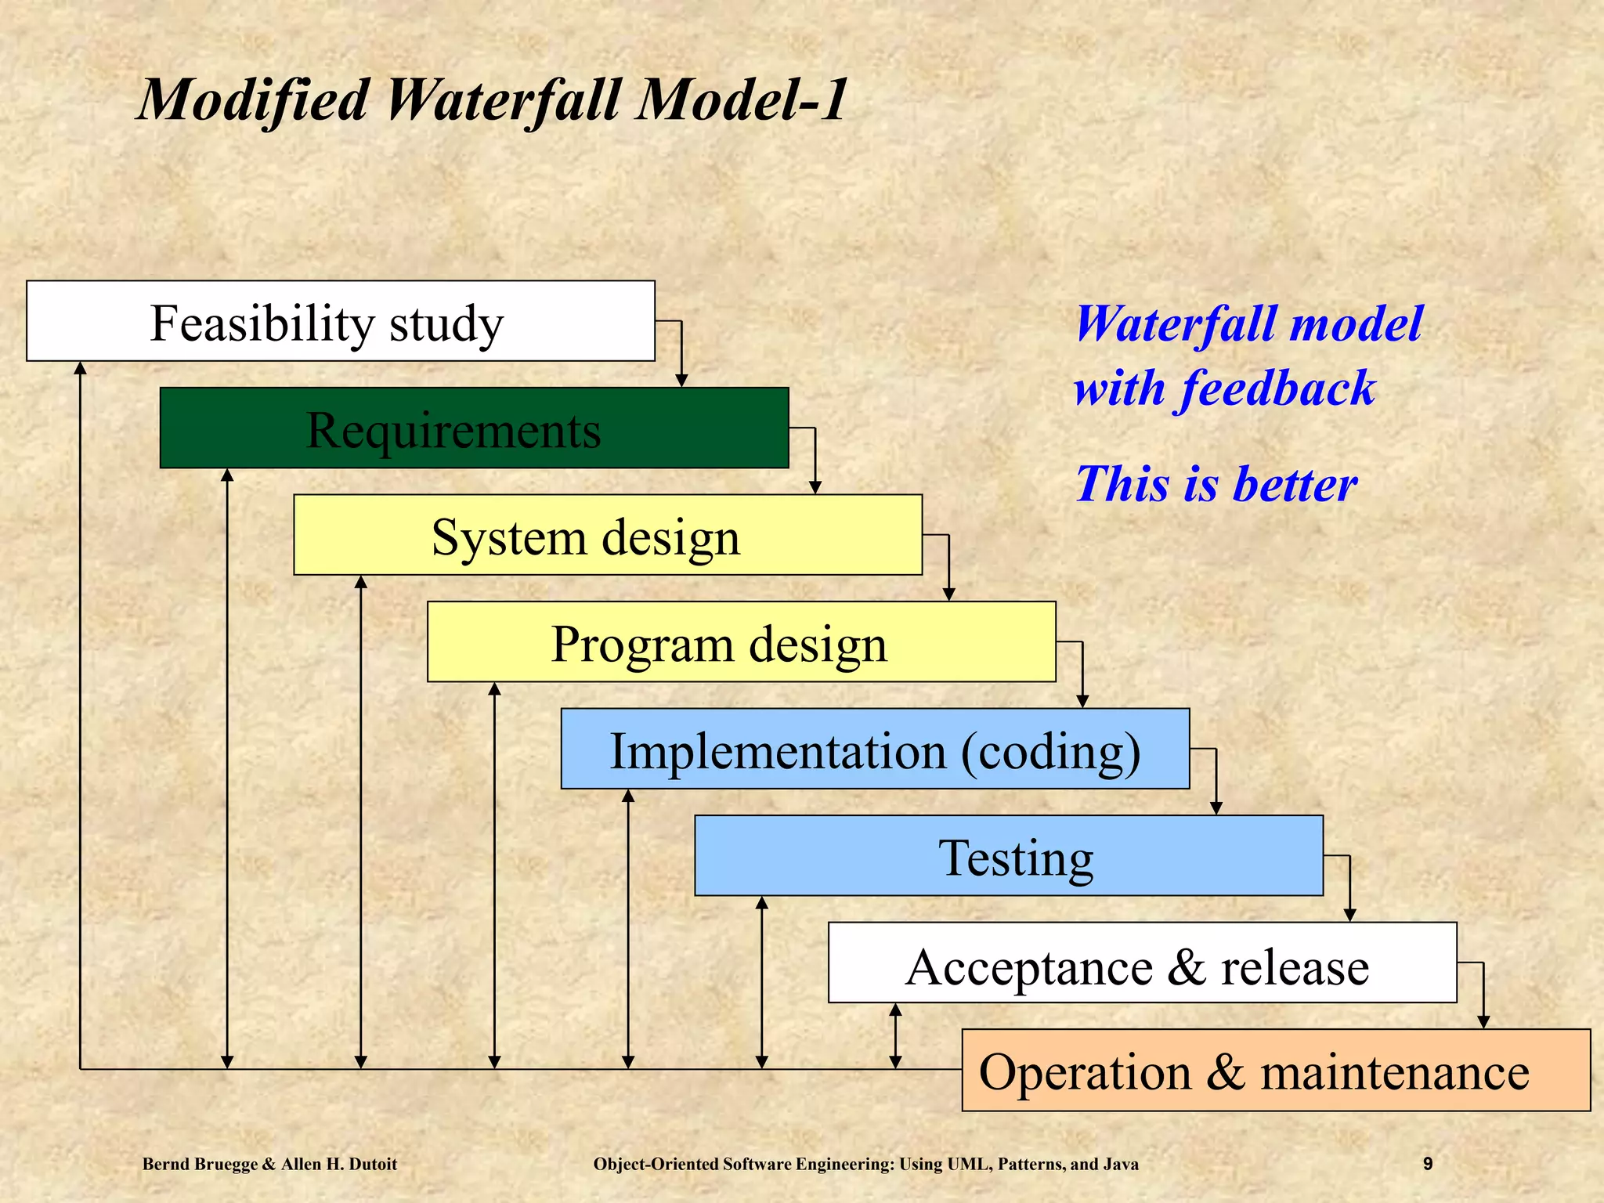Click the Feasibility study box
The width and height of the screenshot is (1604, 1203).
click(x=341, y=321)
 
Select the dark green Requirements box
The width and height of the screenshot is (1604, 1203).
click(x=474, y=428)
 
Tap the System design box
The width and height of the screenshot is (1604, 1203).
click(x=608, y=535)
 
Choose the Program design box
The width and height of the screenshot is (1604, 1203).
click(x=741, y=642)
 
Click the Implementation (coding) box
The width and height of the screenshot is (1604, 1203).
click(x=875, y=749)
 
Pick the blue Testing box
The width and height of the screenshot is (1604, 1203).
click(x=1009, y=856)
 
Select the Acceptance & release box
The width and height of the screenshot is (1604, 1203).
click(x=1142, y=963)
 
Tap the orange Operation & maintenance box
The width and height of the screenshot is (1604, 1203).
click(x=1276, y=1071)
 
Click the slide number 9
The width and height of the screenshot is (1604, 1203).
click(x=1428, y=1164)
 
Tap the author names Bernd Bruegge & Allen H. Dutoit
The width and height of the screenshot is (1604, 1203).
click(x=269, y=1164)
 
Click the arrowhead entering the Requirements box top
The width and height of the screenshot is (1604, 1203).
click(x=681, y=381)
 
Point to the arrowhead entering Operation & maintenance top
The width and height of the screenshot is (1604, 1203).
click(x=1483, y=1022)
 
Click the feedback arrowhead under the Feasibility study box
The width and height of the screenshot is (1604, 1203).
click(x=80, y=368)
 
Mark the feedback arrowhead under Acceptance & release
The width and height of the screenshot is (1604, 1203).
click(x=896, y=1010)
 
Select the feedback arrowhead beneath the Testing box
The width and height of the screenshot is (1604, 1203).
click(x=762, y=903)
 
